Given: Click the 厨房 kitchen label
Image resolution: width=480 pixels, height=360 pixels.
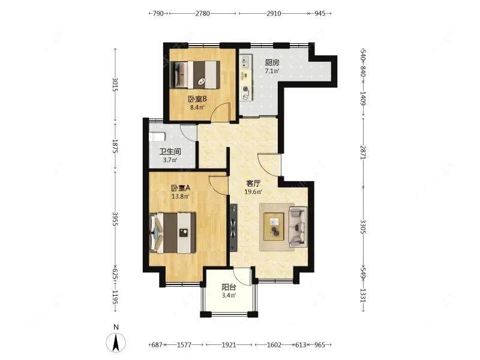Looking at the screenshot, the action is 272,63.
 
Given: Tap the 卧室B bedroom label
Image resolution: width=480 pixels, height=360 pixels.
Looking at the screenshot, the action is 197,99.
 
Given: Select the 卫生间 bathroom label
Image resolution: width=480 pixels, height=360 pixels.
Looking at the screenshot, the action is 170,152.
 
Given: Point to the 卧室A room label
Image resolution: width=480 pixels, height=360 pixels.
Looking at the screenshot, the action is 181,188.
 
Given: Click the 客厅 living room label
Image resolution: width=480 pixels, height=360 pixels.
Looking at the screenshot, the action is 253,184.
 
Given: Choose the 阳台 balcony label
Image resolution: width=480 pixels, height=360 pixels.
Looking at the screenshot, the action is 229,287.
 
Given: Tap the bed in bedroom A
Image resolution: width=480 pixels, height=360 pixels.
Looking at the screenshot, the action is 173,233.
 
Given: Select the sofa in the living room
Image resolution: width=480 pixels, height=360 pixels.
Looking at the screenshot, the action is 298,227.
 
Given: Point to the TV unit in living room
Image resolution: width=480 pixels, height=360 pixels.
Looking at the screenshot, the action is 233,227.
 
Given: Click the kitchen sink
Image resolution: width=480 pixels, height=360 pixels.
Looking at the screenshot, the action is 246,62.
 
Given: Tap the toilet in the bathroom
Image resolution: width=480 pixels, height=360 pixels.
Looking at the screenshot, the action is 157,137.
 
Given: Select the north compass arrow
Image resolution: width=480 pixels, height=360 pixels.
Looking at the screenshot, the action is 116,343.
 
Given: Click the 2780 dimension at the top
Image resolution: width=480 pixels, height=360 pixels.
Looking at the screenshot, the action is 203,13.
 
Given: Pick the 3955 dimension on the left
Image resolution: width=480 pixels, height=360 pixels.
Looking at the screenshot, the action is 115,219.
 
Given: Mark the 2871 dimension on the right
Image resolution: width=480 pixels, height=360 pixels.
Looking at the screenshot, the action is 363,152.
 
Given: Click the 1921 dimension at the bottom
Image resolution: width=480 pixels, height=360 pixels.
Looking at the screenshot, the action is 229,345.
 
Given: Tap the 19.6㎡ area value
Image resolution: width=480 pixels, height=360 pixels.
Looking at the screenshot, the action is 253,192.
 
